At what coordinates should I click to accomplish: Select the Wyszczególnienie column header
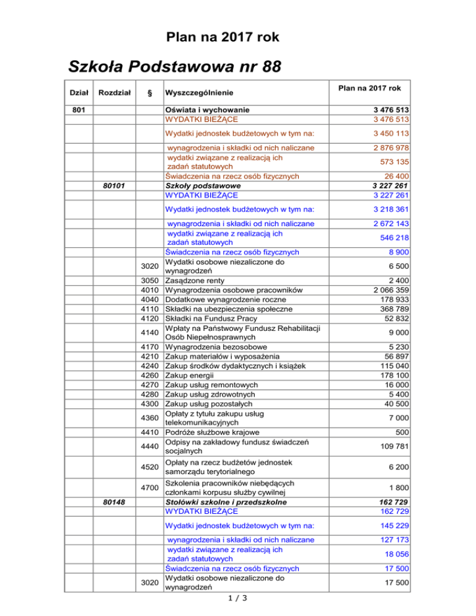click(200, 93)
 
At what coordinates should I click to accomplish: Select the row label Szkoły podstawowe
click(203, 185)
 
